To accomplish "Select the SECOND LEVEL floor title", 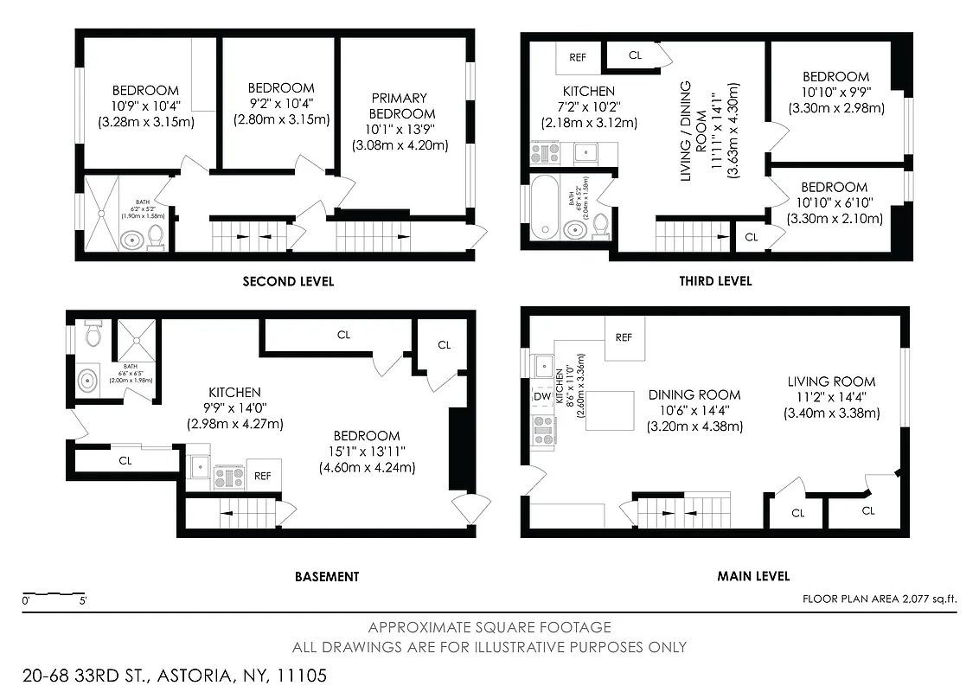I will [x=288, y=281].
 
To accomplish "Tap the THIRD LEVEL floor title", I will [x=716, y=281].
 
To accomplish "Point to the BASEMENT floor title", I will [x=327, y=576].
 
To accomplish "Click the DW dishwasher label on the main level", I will [x=542, y=396].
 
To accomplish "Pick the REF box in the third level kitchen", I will [x=578, y=58].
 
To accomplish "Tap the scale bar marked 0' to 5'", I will [x=54, y=594].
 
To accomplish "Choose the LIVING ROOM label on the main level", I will [x=831, y=381].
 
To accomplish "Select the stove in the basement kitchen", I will [x=228, y=475].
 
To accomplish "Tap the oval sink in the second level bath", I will [x=131, y=239].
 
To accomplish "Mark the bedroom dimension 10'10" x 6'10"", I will [x=834, y=203].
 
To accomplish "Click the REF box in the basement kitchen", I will [x=263, y=476].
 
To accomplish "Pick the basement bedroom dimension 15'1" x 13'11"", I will [x=367, y=452].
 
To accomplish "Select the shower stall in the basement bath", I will [x=136, y=339].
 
